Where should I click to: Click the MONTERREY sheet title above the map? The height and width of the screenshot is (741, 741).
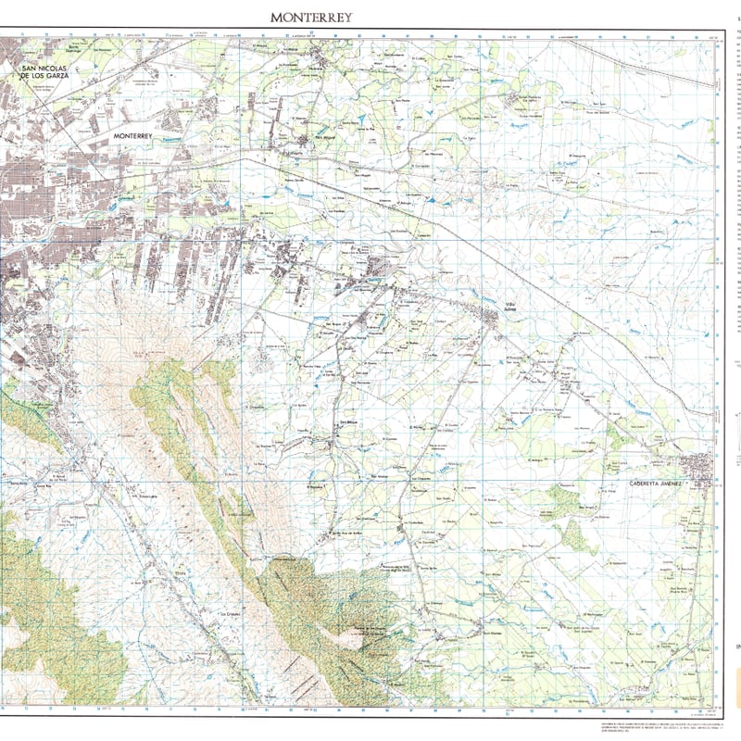tap(311, 17)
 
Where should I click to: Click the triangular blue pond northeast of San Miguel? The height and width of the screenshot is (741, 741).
tap(433, 198)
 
